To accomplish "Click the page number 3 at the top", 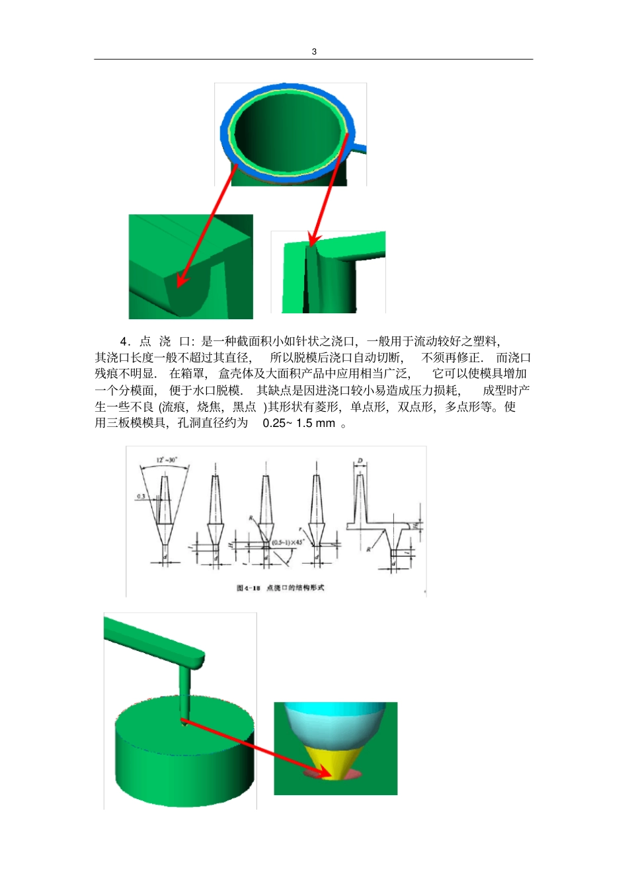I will pyautogui.click(x=314, y=52).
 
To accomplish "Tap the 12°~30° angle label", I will pyautogui.click(x=167, y=460).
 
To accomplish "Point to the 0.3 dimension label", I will pyautogui.click(x=141, y=496).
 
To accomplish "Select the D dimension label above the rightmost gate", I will pyautogui.click(x=360, y=461).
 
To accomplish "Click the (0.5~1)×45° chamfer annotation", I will pyautogui.click(x=288, y=543).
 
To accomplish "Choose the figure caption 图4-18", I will pyautogui.click(x=249, y=588).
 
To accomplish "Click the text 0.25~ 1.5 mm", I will pyautogui.click(x=299, y=423).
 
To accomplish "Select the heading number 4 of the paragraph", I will pyautogui.click(x=124, y=342).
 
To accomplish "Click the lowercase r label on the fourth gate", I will pyautogui.click(x=301, y=529).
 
